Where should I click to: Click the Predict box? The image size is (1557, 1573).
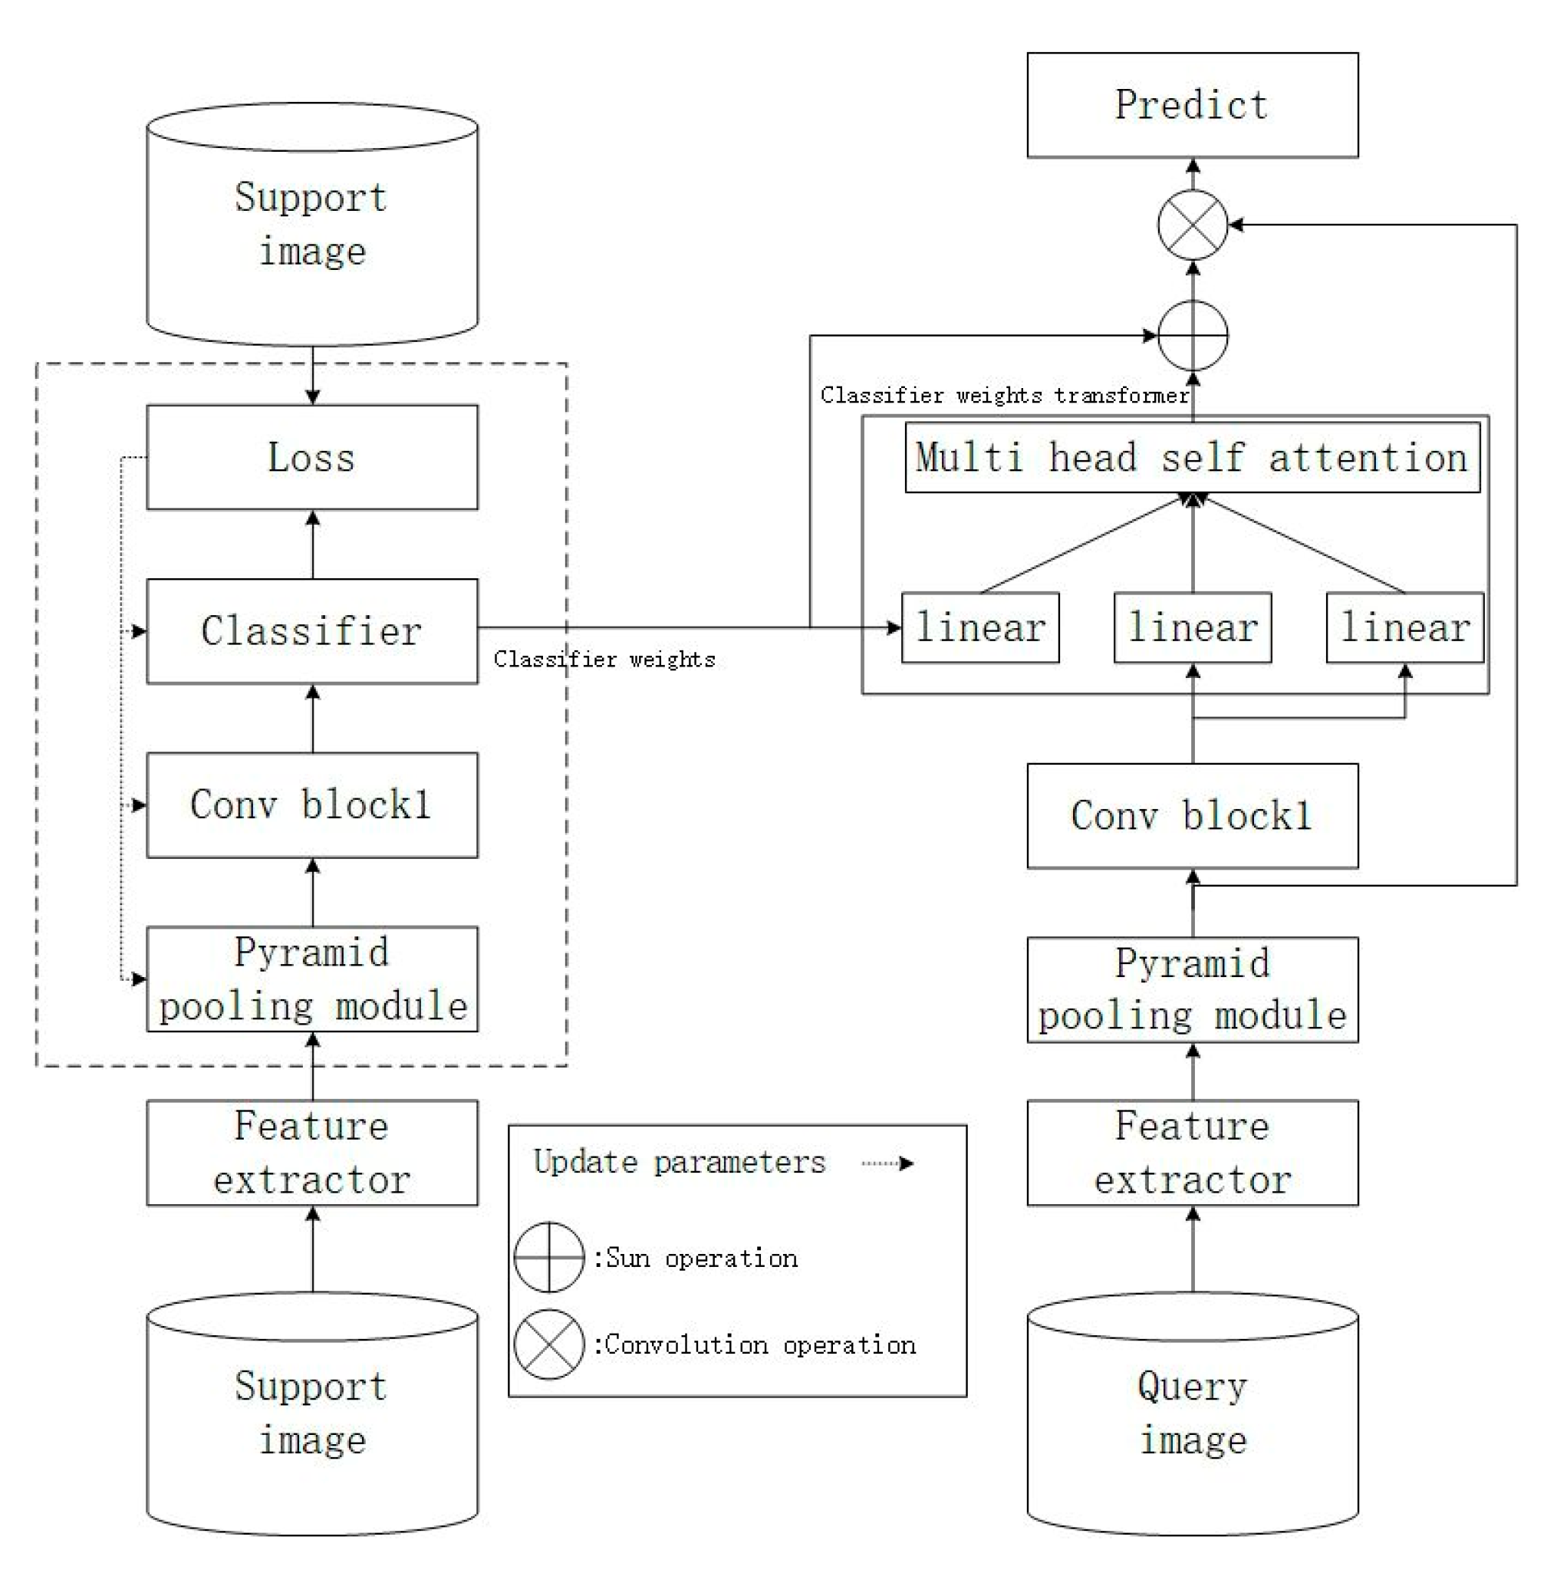(x=1191, y=105)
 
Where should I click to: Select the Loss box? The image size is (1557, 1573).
(x=312, y=457)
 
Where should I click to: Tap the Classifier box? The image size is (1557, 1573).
(x=312, y=631)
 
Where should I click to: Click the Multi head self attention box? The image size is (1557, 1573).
(x=1191, y=457)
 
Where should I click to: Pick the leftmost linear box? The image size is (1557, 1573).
(x=979, y=627)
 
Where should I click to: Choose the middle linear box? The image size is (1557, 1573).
(x=1191, y=627)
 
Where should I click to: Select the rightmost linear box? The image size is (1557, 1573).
(x=1404, y=627)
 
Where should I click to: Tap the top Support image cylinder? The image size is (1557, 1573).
(x=312, y=224)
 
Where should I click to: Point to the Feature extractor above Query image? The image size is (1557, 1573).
(x=1191, y=1152)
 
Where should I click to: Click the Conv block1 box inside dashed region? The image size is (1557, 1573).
(x=312, y=805)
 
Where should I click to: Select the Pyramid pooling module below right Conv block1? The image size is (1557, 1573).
(x=1191, y=989)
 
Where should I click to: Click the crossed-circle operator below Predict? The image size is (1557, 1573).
(x=1192, y=225)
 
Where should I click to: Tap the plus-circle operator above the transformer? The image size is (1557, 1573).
(x=1192, y=335)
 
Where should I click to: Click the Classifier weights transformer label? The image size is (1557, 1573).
(x=1003, y=396)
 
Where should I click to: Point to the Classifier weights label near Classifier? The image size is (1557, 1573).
(x=604, y=659)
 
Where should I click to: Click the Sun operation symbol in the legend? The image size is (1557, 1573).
(x=549, y=1257)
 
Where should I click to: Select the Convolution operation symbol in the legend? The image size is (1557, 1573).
(x=549, y=1344)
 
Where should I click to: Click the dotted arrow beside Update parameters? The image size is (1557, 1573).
(x=887, y=1163)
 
